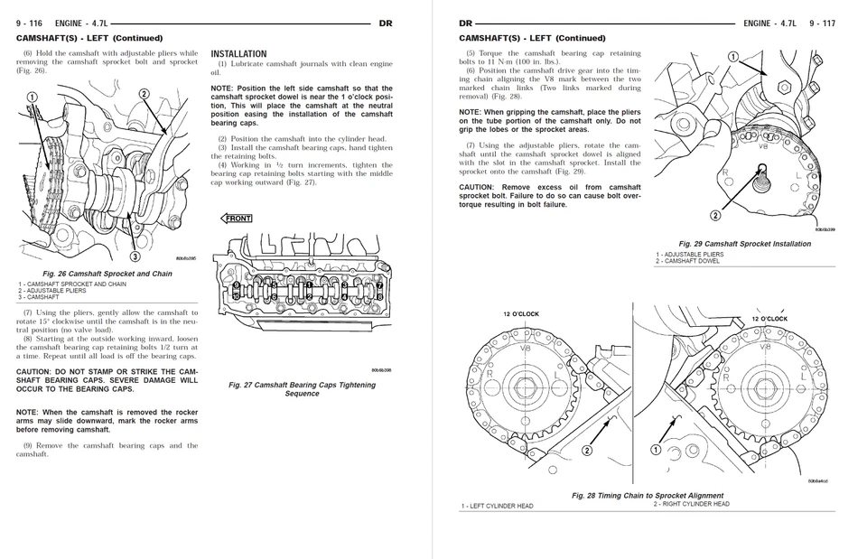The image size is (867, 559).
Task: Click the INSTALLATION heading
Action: pyautogui.click(x=238, y=54)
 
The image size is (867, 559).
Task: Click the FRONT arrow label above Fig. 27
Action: pyautogui.click(x=238, y=219)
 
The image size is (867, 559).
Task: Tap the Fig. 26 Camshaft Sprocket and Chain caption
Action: pyautogui.click(x=107, y=274)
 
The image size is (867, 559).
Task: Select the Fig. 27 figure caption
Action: pyautogui.click(x=302, y=389)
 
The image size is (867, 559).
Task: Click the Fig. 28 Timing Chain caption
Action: pyautogui.click(x=648, y=496)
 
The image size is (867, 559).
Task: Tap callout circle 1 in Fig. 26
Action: pyautogui.click(x=32, y=97)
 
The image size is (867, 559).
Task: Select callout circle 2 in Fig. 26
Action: pyautogui.click(x=144, y=94)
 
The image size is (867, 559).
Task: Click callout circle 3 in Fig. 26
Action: pyautogui.click(x=135, y=256)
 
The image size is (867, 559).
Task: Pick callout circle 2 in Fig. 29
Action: pyautogui.click(x=715, y=216)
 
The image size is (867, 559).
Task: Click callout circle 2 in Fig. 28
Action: pyautogui.click(x=587, y=450)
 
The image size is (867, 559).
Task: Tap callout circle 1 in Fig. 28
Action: pyautogui.click(x=656, y=449)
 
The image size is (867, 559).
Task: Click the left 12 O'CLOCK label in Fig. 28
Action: pyautogui.click(x=521, y=313)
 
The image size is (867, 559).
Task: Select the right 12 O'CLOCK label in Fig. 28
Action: pyautogui.click(x=769, y=319)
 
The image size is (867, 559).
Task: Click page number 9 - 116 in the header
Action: pyautogui.click(x=32, y=23)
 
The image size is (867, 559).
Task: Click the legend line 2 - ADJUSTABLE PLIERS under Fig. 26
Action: pyautogui.click(x=52, y=291)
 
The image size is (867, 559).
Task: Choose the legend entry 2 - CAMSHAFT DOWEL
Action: pyautogui.click(x=688, y=261)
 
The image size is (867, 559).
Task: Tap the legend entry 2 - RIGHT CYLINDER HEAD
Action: pyautogui.click(x=692, y=504)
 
